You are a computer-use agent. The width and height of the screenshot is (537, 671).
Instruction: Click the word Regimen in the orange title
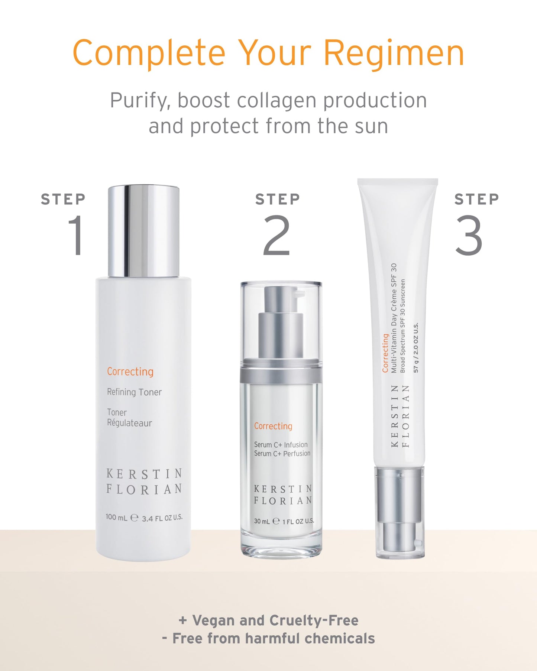(394, 53)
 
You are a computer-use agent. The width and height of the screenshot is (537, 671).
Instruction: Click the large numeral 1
(77, 235)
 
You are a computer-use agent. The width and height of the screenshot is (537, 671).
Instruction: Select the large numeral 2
(276, 235)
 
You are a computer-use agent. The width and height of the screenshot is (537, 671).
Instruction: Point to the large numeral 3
(469, 235)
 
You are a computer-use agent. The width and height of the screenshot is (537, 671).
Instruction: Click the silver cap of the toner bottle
(143, 230)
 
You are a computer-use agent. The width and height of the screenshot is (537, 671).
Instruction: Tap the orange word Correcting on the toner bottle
(130, 372)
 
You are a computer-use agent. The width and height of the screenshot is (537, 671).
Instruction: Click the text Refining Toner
(134, 392)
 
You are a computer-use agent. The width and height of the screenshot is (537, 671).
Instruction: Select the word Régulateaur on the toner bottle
(129, 423)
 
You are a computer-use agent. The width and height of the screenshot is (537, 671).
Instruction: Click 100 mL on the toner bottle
(116, 517)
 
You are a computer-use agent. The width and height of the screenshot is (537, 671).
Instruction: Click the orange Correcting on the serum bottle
(273, 426)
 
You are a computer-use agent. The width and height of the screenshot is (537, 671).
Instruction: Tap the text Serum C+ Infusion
(281, 445)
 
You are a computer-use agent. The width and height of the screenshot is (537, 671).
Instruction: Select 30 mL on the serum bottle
(262, 521)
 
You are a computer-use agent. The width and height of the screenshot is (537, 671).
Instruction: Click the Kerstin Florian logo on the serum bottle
(283, 495)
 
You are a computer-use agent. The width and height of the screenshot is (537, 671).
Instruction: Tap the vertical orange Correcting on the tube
(385, 353)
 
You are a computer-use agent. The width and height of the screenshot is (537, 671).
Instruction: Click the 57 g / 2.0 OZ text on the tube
(416, 347)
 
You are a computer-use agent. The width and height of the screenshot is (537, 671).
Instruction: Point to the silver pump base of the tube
(399, 513)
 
